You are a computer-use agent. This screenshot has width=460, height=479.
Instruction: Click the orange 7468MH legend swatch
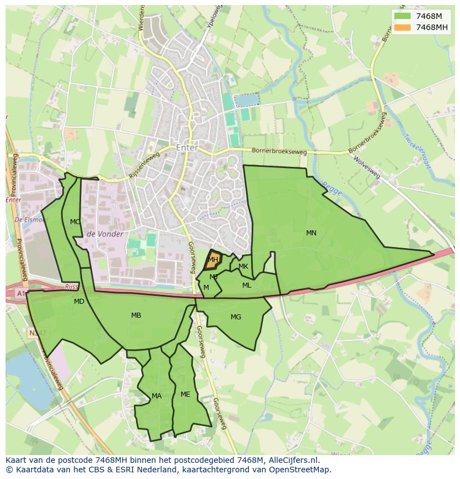pyautogui.click(x=402, y=27)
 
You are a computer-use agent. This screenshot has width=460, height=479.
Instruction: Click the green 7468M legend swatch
pyautogui.click(x=402, y=16)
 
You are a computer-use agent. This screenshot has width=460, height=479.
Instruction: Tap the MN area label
pyautogui.click(x=311, y=233)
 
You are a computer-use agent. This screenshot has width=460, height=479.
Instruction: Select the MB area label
pyautogui.click(x=136, y=315)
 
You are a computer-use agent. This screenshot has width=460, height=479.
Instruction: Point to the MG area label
pyautogui.click(x=236, y=317)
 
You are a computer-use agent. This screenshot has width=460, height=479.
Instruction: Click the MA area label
pyautogui.click(x=157, y=396)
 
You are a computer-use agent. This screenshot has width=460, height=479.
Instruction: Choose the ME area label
pyautogui.click(x=186, y=394)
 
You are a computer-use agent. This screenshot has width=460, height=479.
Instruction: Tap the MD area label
pyautogui.click(x=79, y=302)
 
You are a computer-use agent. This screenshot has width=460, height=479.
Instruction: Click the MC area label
pyautogui.click(x=75, y=221)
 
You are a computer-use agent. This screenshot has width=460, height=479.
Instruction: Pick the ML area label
pyautogui.click(x=247, y=285)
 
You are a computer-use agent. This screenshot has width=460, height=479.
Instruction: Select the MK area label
pyautogui.click(x=243, y=266)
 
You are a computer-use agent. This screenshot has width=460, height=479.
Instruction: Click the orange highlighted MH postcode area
pyautogui.click(x=213, y=260)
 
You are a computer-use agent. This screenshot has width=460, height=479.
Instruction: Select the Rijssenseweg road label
pyautogui.click(x=144, y=165)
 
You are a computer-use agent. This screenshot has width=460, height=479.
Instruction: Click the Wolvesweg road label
pyautogui.click(x=367, y=166)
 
